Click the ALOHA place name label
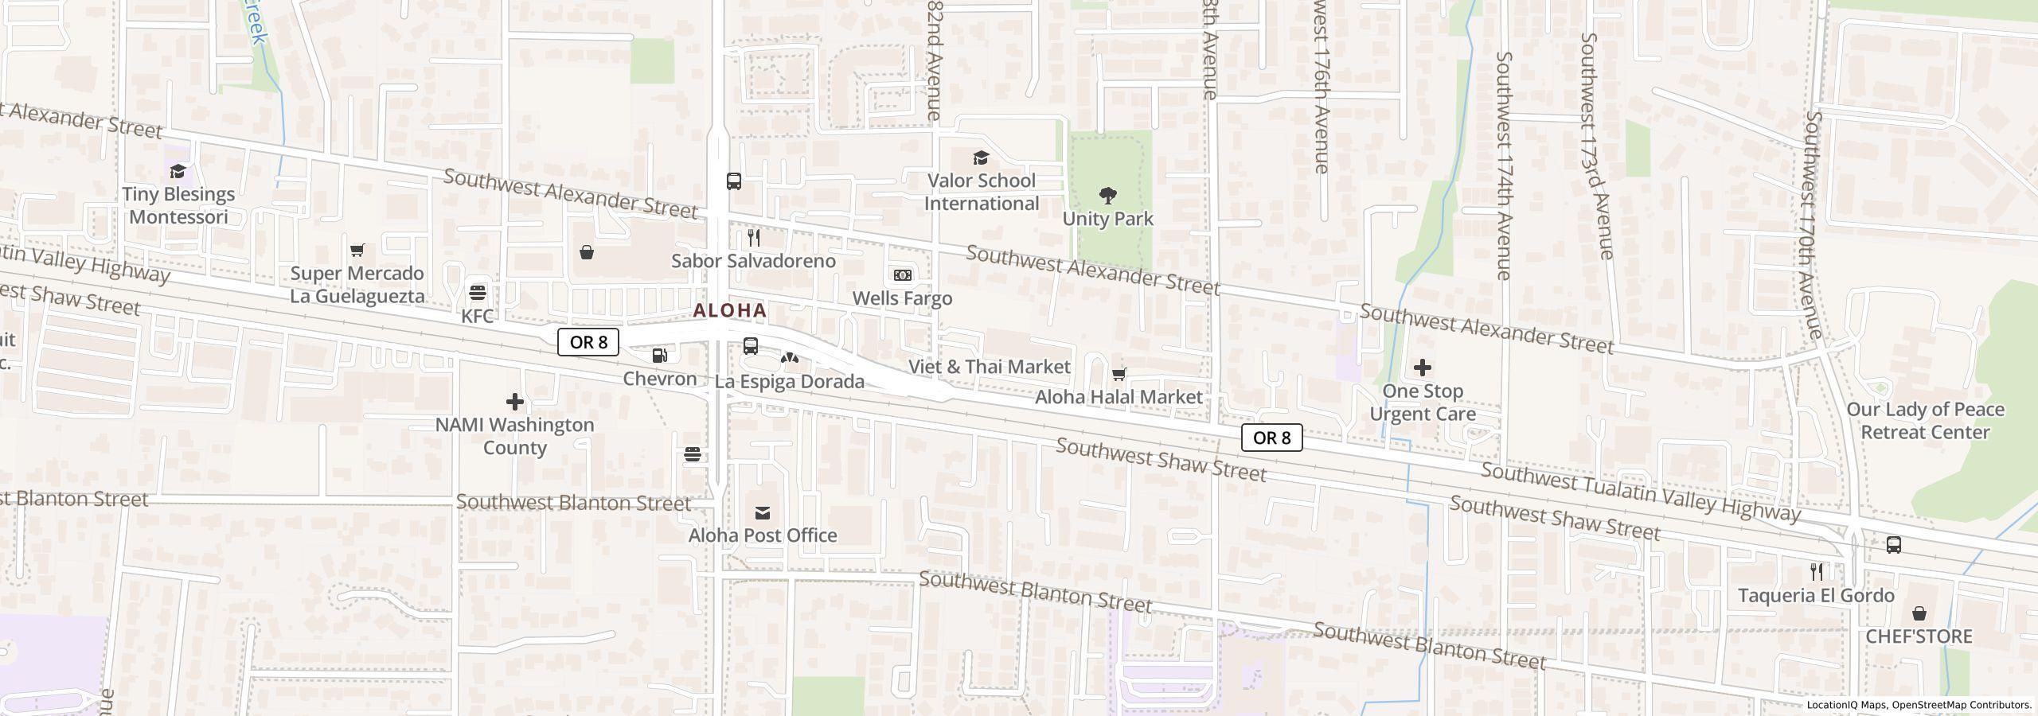(730, 310)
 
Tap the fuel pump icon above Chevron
(660, 356)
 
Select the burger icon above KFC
(478, 292)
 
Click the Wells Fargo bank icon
(902, 274)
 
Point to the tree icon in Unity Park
(1107, 195)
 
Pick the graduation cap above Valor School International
(981, 158)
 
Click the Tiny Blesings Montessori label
(178, 205)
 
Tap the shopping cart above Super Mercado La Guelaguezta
(357, 251)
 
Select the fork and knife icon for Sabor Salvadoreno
(753, 238)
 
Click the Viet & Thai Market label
(990, 367)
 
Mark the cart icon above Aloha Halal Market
(1119, 374)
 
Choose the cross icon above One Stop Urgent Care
(1422, 368)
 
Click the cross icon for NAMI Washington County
(514, 402)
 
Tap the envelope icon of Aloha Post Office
(763, 513)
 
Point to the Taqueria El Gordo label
(1816, 596)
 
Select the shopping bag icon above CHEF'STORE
(1919, 613)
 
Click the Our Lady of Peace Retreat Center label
(1925, 421)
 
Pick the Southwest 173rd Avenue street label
(1597, 146)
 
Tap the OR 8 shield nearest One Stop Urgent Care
(1271, 438)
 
